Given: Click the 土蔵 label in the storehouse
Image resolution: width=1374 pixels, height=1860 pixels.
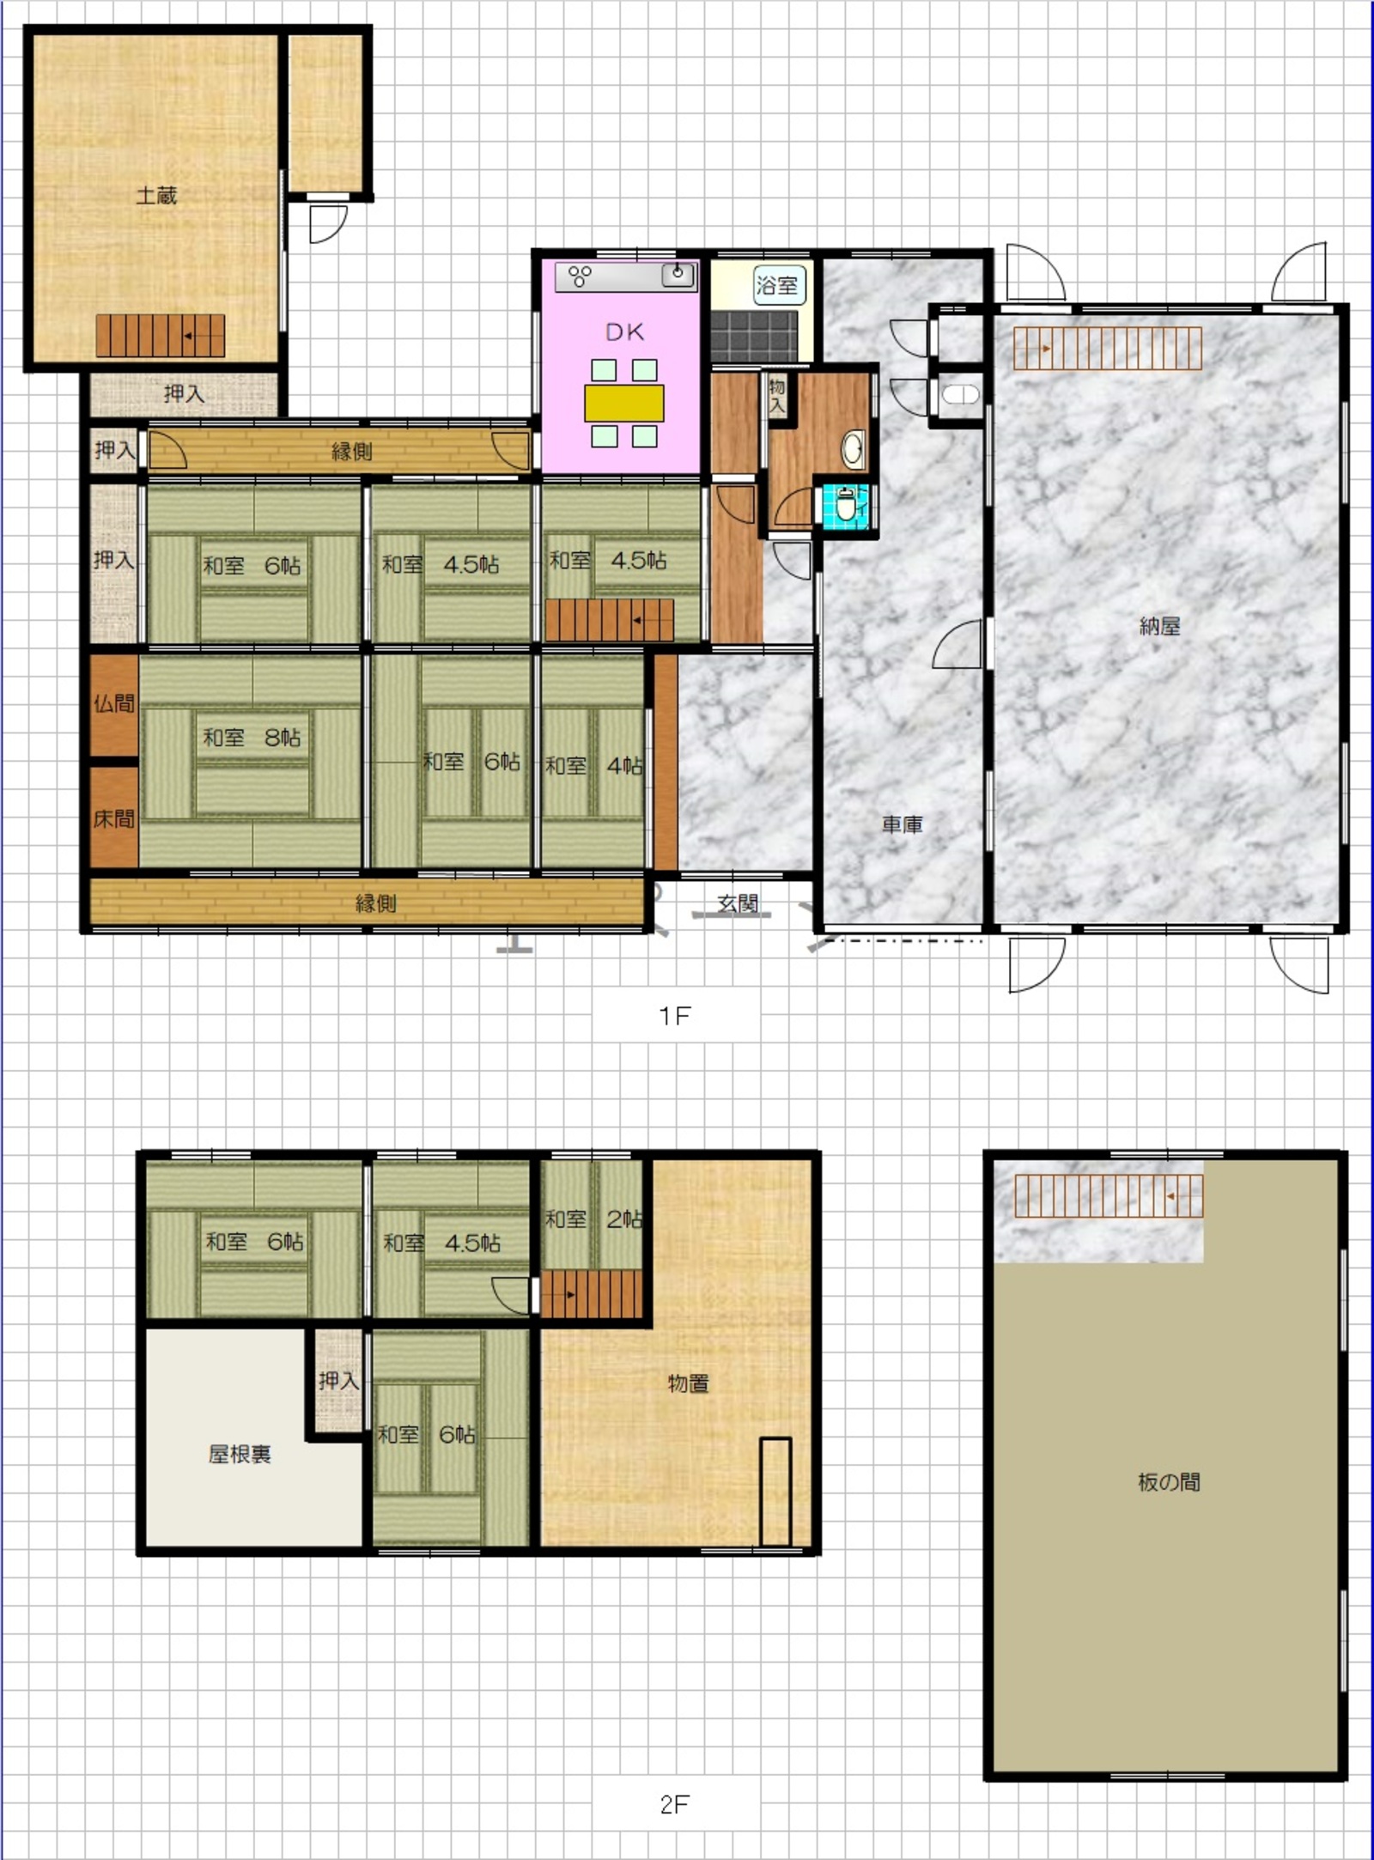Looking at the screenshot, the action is [x=156, y=196].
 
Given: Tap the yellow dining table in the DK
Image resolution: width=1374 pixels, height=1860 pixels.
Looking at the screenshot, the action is [x=624, y=404].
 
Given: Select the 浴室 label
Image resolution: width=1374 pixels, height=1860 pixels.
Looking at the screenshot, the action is [x=777, y=285].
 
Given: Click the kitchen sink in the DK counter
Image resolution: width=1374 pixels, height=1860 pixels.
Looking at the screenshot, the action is [x=678, y=275].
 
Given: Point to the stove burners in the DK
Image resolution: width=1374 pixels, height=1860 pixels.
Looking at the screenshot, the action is [x=581, y=276].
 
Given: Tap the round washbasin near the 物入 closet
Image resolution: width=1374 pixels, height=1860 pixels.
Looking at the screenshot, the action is [x=853, y=449].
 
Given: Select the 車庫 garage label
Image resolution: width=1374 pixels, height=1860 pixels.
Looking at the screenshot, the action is [x=903, y=824].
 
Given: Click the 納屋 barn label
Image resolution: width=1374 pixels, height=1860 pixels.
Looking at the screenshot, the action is [x=1159, y=626].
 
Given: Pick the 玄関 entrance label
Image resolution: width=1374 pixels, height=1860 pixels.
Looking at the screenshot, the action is [x=738, y=903].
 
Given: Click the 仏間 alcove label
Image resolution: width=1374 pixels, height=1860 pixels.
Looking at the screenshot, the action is [x=114, y=704].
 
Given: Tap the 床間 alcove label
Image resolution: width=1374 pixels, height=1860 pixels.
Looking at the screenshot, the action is [x=114, y=819].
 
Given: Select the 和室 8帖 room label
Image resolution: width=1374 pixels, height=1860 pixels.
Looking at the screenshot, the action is [x=252, y=738].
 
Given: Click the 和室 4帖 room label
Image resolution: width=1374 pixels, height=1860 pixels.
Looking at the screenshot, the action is [x=594, y=765].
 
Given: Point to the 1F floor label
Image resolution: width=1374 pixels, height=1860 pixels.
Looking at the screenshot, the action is [x=675, y=1016].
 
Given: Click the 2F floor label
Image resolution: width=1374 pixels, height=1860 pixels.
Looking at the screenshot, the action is [x=675, y=1805].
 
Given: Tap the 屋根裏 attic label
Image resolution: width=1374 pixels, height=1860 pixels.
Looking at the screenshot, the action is [x=240, y=1454].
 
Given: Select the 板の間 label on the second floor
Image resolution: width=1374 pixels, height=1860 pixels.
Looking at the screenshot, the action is [x=1169, y=1482].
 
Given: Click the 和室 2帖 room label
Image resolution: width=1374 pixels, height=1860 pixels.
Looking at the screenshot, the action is [x=594, y=1219].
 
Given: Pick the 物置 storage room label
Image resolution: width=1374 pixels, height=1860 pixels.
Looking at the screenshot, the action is [x=689, y=1383].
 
